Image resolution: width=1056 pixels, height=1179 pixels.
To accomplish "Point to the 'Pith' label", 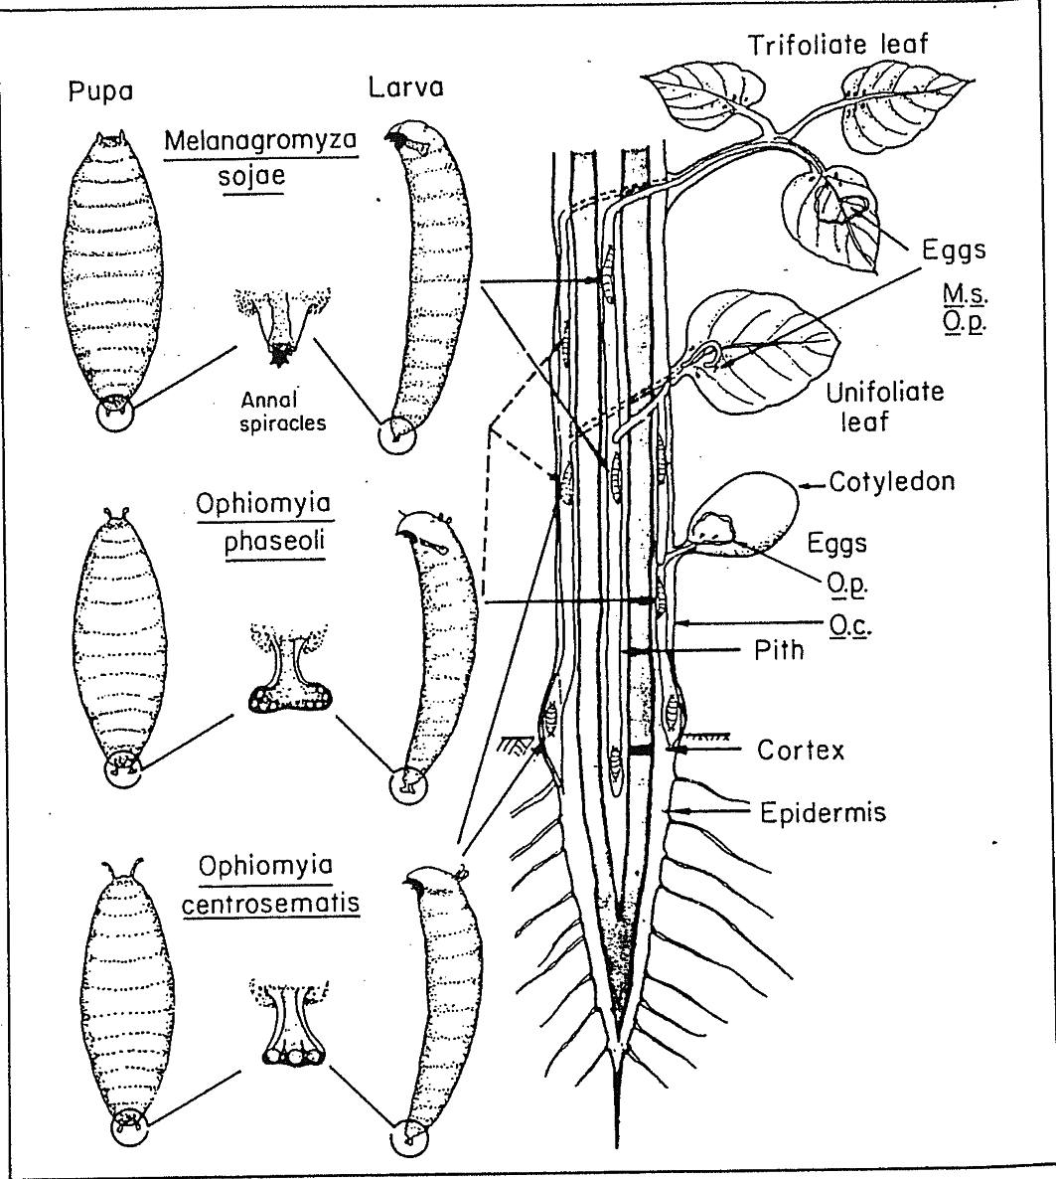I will (x=776, y=651).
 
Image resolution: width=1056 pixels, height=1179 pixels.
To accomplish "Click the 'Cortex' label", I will (x=800, y=750).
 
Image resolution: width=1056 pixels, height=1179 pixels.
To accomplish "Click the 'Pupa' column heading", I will (x=100, y=92).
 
